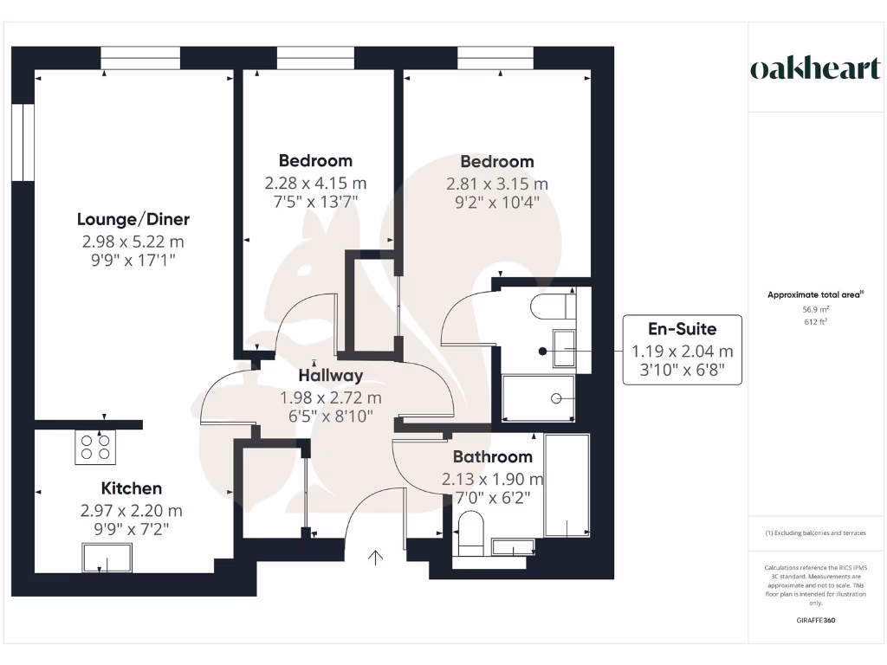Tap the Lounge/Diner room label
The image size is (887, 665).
(x=133, y=219)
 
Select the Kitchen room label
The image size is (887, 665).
(x=132, y=489)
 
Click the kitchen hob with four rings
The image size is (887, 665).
(x=95, y=447)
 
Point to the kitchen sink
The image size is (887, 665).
(x=107, y=558)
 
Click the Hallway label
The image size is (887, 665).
(x=330, y=376)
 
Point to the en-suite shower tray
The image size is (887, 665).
(x=538, y=398)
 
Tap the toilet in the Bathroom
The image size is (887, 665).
(x=471, y=533)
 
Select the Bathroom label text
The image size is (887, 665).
(x=492, y=457)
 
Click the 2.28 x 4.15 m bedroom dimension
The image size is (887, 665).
(x=315, y=184)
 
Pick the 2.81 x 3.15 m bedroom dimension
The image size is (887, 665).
(x=497, y=184)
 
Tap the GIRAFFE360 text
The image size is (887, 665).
(x=816, y=620)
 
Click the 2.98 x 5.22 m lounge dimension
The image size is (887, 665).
(x=133, y=242)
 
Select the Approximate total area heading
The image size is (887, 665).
(x=814, y=295)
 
